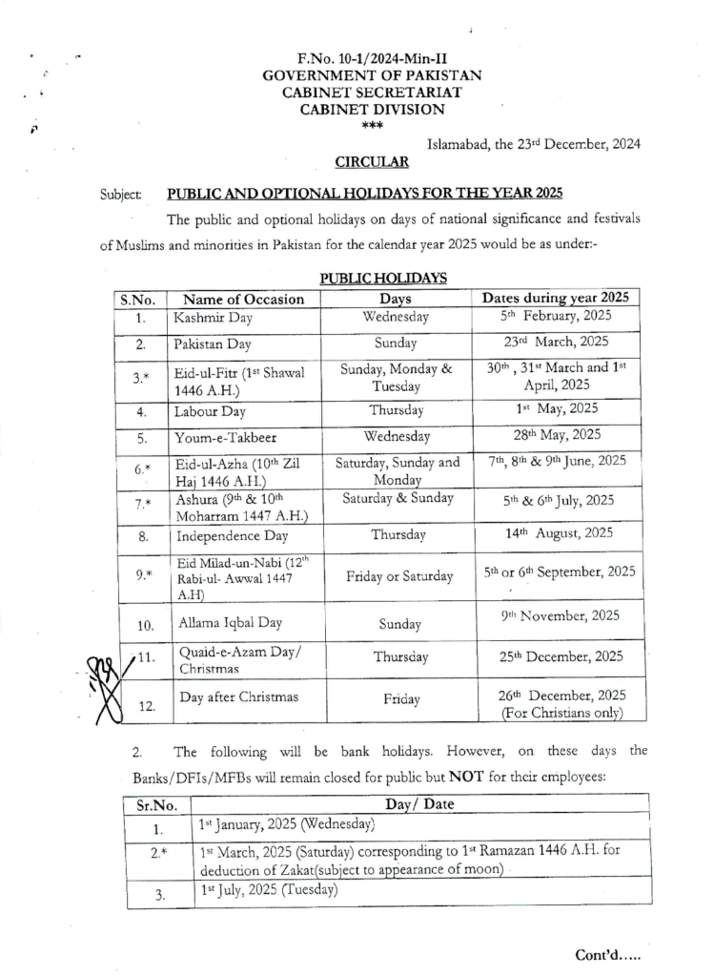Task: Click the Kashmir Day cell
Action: pyautogui.click(x=207, y=318)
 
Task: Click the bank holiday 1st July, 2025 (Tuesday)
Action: pyautogui.click(x=269, y=891)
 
